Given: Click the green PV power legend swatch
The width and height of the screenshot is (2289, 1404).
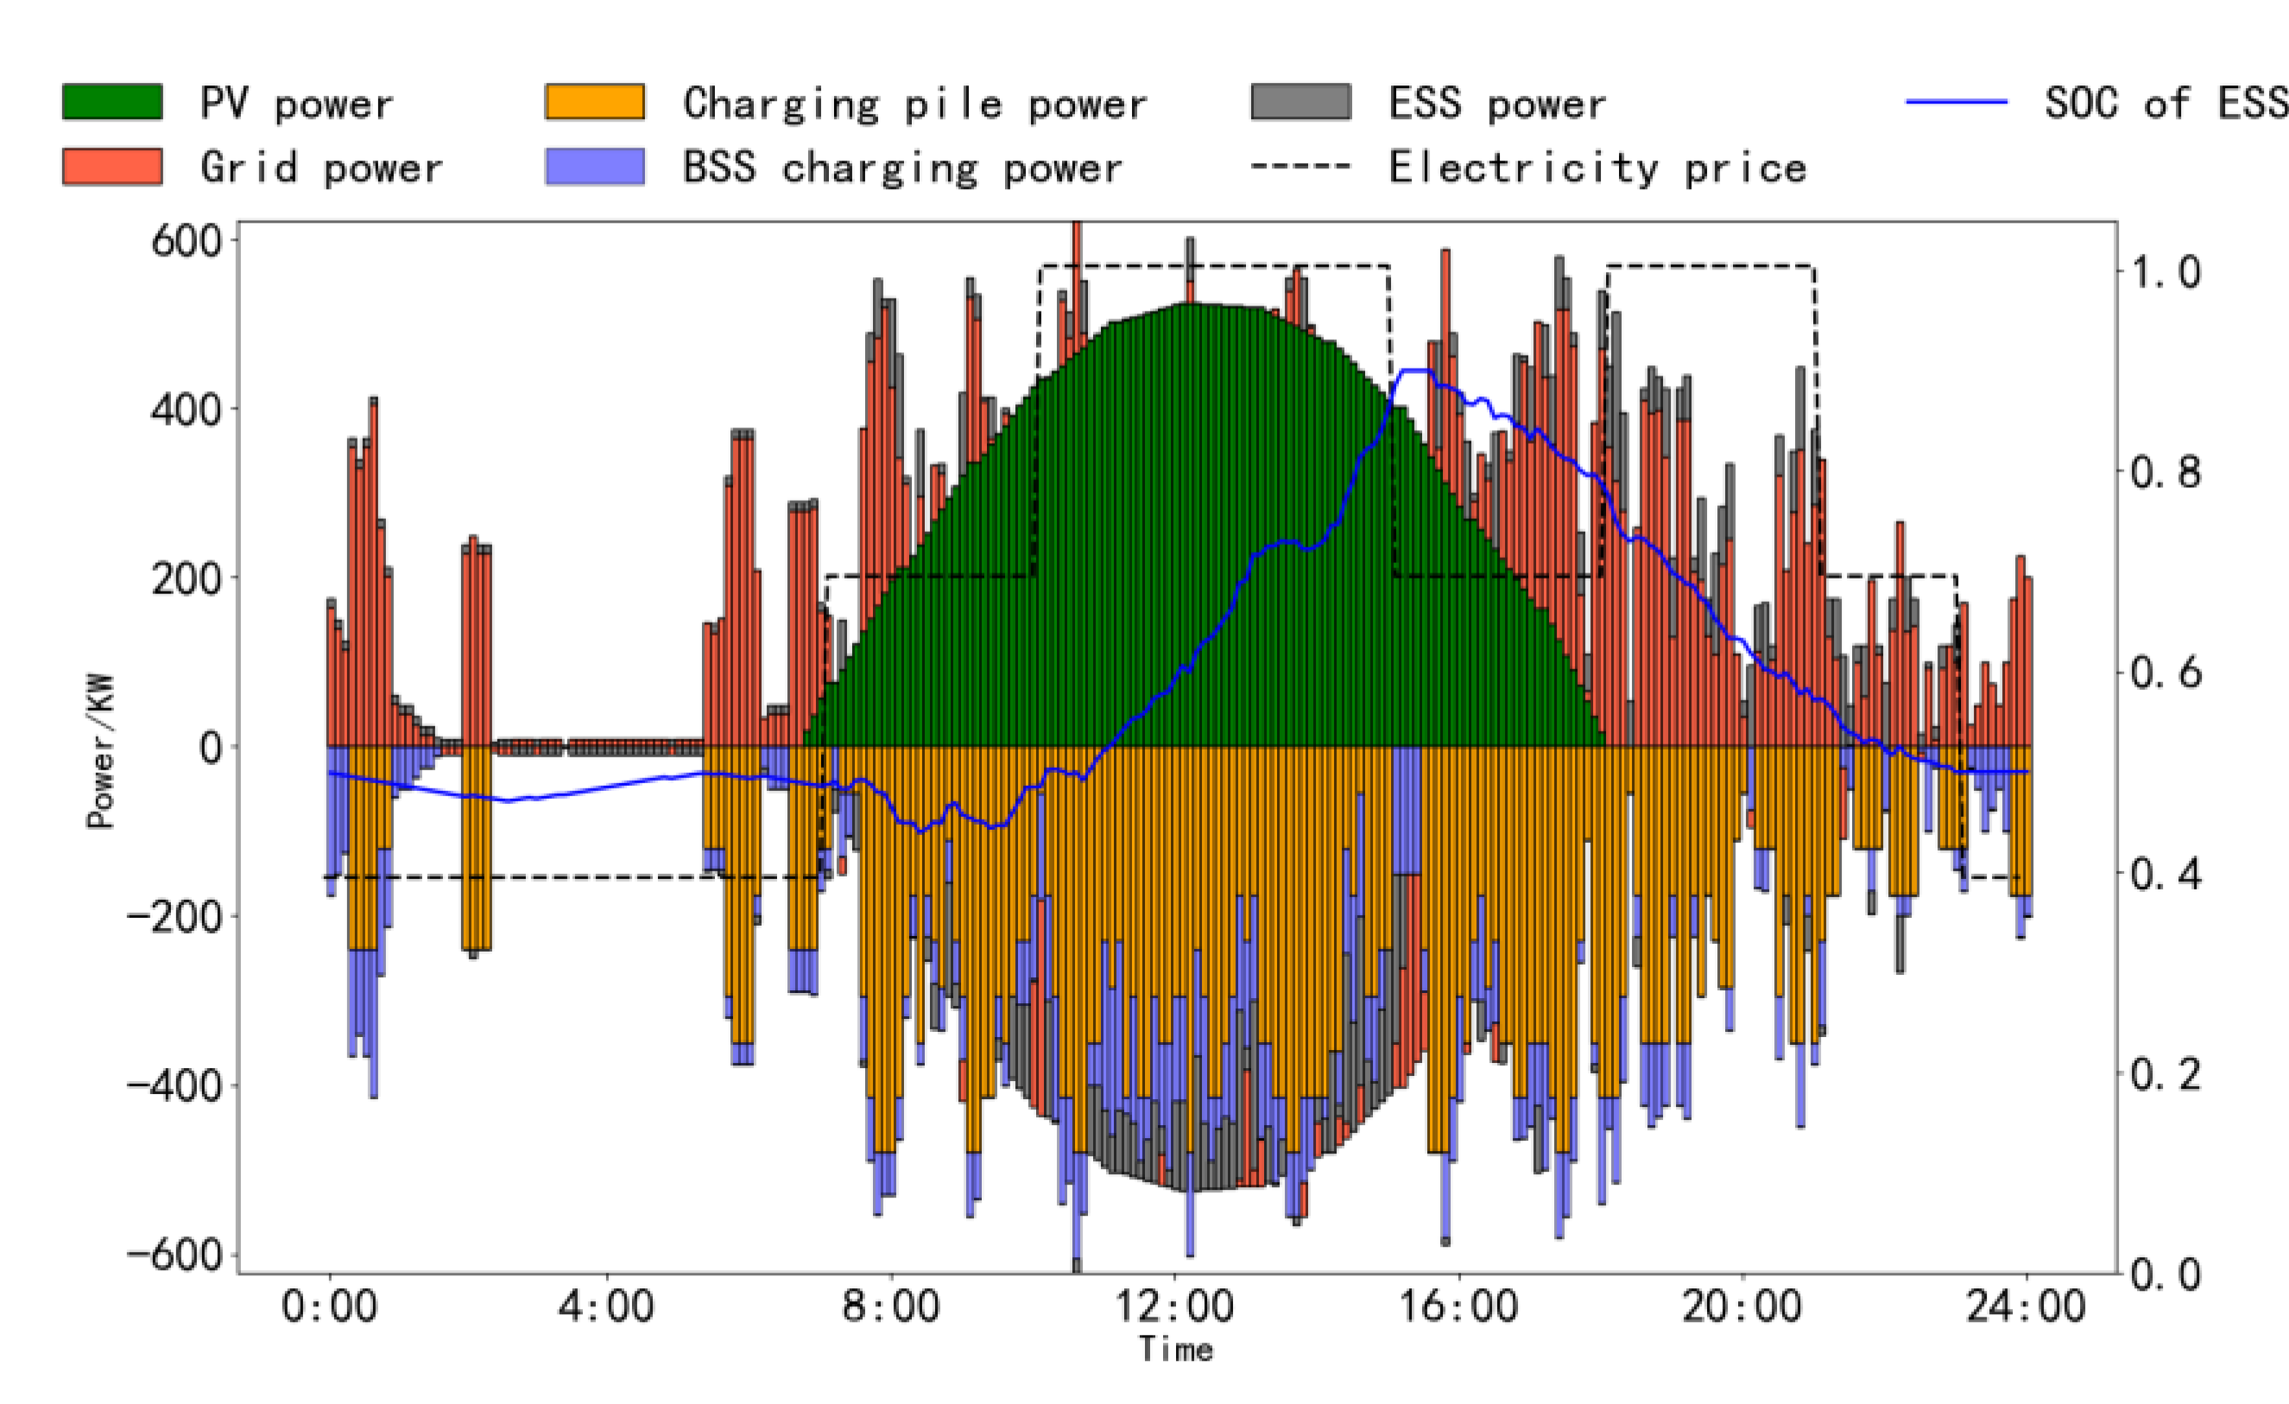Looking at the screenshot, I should click(112, 101).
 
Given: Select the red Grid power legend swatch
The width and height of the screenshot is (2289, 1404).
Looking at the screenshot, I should click(112, 167).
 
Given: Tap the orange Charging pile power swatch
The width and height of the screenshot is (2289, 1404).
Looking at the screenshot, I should click(595, 101).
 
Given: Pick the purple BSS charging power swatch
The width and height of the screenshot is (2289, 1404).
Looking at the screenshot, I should click(595, 167).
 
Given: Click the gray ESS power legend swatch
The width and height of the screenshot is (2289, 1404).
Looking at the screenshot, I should click(1300, 101).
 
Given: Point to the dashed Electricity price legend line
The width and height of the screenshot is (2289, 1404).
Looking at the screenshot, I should click(1300, 168).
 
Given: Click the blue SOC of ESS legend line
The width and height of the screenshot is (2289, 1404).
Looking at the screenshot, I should click(1957, 101).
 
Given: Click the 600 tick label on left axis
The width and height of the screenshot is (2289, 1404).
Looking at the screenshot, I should click(187, 242).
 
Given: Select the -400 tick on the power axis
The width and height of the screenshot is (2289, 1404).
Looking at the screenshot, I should click(175, 1085).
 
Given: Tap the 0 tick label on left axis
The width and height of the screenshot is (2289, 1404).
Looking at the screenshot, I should click(212, 748).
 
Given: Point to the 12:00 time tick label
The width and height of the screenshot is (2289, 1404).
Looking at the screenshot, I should click(1174, 1307).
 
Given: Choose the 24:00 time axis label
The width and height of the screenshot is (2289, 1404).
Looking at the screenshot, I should click(2027, 1307).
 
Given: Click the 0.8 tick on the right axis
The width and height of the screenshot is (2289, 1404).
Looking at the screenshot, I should click(2166, 472).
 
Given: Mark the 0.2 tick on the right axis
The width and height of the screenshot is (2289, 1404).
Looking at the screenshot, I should click(2166, 1074).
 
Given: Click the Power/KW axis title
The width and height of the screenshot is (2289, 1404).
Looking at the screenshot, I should click(100, 750).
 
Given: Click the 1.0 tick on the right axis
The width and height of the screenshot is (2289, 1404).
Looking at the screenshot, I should click(2166, 272).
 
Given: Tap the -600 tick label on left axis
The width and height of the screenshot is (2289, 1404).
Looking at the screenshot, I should click(175, 1255).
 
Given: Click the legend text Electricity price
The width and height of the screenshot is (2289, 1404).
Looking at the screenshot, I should click(1598, 168).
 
